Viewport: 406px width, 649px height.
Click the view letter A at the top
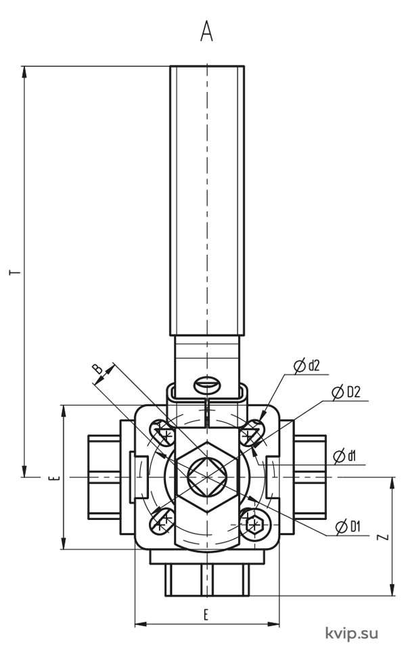click(x=206, y=31)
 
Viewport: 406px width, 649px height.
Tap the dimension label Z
click(x=384, y=537)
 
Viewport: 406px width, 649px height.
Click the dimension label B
click(x=97, y=368)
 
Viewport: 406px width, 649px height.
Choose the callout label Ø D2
click(x=346, y=392)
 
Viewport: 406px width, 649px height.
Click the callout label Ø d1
click(x=344, y=456)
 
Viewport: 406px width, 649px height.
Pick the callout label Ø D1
click(x=348, y=527)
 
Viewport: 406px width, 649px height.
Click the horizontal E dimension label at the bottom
click(x=206, y=615)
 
